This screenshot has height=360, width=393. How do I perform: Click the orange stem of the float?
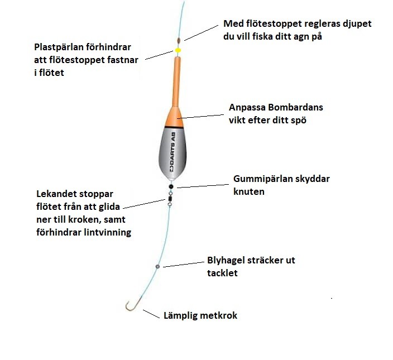178,84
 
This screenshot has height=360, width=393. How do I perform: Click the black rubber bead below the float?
171,187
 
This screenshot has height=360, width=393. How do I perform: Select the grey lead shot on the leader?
158,267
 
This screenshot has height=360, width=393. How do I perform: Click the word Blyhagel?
227,261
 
